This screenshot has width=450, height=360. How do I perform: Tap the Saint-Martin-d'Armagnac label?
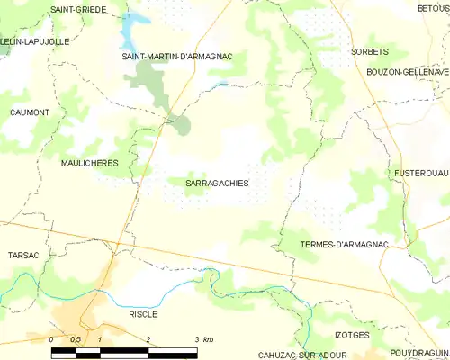coord(177,57)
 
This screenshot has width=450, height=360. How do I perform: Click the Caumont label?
coord(29,112)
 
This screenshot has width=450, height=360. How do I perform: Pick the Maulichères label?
coord(90,164)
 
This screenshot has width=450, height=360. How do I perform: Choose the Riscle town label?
coord(143,314)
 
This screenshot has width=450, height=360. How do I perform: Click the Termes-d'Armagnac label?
coord(345,245)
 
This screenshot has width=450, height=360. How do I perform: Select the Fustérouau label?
coord(421,172)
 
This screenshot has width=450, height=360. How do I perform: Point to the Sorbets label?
coord(370,52)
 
